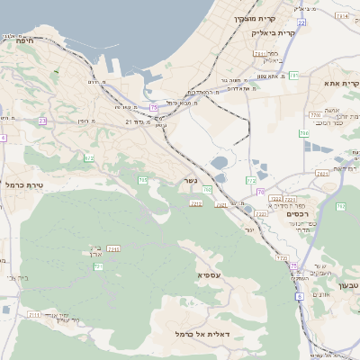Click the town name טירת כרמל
[22, 184]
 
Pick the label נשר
[192, 181]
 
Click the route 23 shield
[41, 121]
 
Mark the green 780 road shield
[304, 133]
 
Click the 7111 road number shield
[34, 315]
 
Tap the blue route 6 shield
[300, 295]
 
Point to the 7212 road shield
[195, 203]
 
